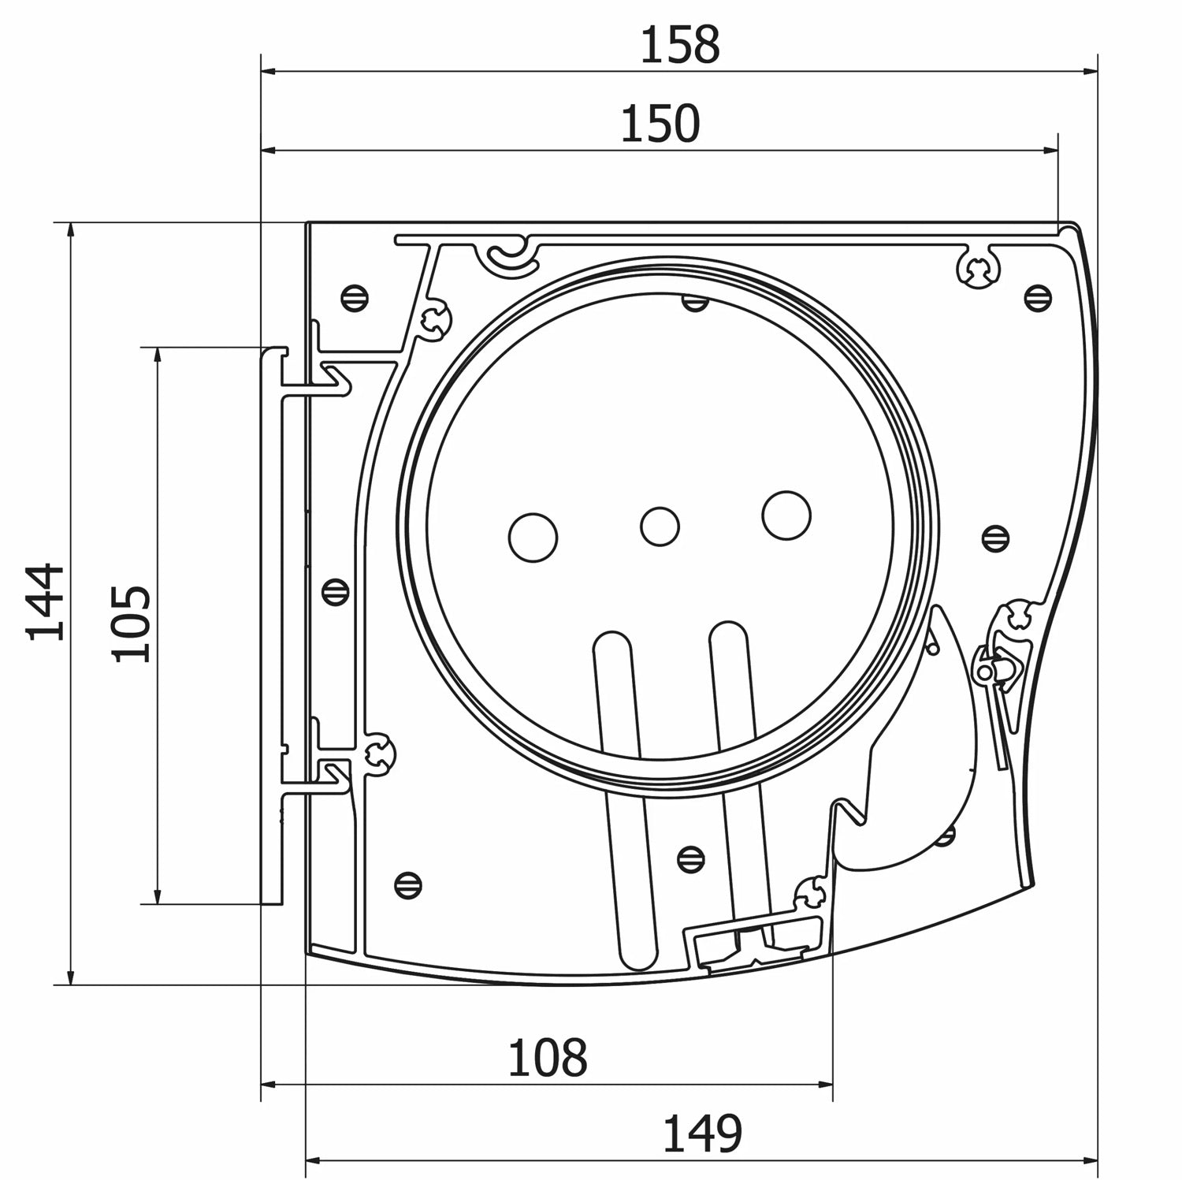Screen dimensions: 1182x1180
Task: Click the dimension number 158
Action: (x=679, y=45)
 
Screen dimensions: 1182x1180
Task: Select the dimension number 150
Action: (x=660, y=124)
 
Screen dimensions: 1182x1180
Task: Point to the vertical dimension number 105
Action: (x=130, y=624)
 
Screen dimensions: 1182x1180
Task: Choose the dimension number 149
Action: (x=702, y=1133)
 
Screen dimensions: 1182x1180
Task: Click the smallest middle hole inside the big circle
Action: (x=660, y=526)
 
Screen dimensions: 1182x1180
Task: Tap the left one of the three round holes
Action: (x=533, y=538)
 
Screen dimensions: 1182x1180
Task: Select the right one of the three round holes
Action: (x=786, y=516)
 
